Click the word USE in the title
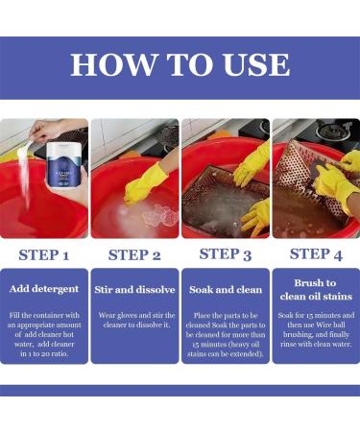256,64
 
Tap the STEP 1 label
44,255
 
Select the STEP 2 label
134,255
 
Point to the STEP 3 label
226,254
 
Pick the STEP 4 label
316,254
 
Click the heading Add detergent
44,289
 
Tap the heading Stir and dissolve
134,290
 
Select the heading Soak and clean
226,290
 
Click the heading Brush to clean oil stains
316,290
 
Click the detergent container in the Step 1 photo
63,165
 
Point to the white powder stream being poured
25,173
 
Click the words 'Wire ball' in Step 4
330,324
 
